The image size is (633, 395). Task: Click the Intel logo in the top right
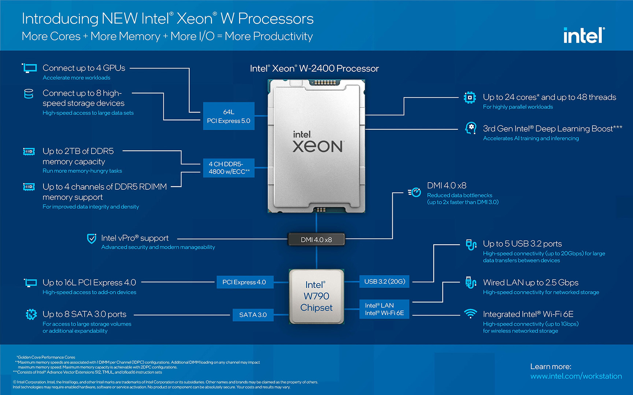pos(584,35)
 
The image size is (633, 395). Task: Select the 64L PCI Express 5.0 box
pos(229,116)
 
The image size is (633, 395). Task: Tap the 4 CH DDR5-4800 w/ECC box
pos(229,168)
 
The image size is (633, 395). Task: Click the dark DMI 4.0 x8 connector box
pos(316,240)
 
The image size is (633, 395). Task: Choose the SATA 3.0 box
pos(253,315)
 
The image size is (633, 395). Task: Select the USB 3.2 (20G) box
pos(384,281)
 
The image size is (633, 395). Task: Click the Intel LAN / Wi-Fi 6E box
pos(384,309)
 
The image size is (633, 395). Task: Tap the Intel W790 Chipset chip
pos(316,296)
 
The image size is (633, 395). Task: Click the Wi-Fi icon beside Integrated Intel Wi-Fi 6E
pos(470,314)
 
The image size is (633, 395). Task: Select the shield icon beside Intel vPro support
pos(92,238)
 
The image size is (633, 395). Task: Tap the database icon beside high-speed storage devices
pos(29,94)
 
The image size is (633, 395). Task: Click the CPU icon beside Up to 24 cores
pos(470,98)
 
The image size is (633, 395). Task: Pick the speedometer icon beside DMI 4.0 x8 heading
pos(415,192)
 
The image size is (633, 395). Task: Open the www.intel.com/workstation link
pos(576,376)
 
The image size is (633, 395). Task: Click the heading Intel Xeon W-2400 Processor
pos(314,68)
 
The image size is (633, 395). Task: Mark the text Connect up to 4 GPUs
pos(84,68)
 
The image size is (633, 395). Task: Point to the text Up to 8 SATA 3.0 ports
pos(84,314)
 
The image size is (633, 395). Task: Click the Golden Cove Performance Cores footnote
pos(46,357)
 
